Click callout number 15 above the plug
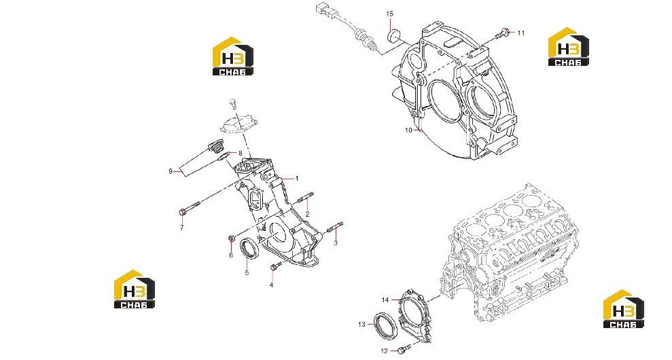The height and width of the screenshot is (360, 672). click(389, 14)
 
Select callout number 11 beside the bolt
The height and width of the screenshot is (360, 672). click(520, 33)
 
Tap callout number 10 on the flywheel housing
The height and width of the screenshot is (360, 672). click(408, 130)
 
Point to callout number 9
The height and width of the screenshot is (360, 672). click(171, 171)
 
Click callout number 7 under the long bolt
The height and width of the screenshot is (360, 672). click(181, 228)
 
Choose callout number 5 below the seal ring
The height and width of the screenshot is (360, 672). click(247, 272)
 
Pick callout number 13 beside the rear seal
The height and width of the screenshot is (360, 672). click(361, 325)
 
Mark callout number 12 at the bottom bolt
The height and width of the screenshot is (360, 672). click(384, 351)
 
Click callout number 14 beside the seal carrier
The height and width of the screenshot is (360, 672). click(385, 300)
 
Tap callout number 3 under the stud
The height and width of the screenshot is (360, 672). click(336, 243)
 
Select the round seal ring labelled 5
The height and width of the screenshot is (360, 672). click(249, 249)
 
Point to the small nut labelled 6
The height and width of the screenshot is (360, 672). click(232, 238)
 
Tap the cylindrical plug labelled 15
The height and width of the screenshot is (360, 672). click(393, 35)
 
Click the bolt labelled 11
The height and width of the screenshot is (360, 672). click(503, 33)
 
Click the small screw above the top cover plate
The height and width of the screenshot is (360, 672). click(233, 103)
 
